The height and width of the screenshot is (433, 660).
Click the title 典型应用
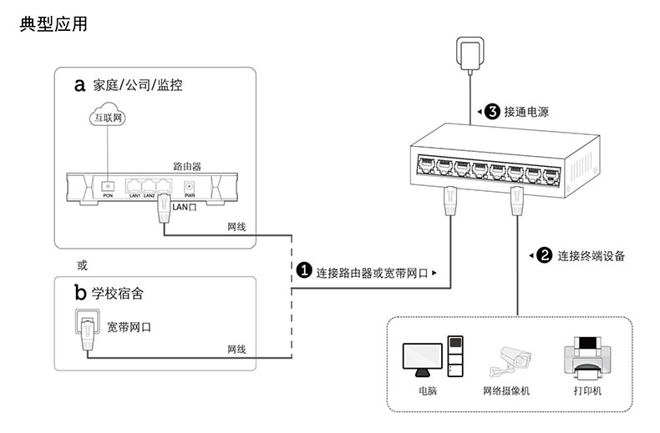click(x=53, y=25)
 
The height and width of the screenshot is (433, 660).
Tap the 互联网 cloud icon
click(x=107, y=118)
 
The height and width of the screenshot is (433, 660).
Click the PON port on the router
click(x=108, y=186)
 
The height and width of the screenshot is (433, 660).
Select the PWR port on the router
click(x=189, y=187)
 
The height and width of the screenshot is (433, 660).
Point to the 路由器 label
click(x=187, y=166)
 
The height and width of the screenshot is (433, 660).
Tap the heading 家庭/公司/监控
click(x=138, y=85)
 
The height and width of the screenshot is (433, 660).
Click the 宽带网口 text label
click(x=129, y=326)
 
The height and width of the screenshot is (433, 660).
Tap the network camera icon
click(x=511, y=360)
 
